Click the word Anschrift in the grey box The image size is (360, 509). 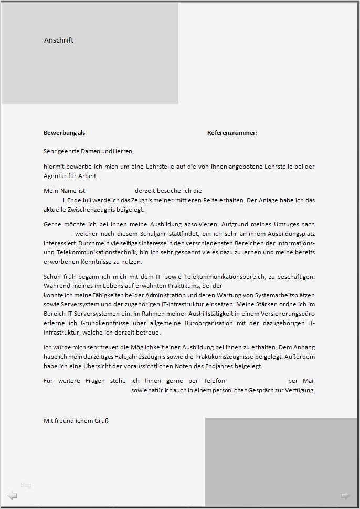59,40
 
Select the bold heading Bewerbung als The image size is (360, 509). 64,133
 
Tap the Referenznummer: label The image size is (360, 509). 232,133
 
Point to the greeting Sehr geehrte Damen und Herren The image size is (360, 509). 89,151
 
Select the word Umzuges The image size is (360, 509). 288,224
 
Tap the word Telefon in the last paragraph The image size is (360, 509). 213,381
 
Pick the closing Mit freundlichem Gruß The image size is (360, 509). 76,421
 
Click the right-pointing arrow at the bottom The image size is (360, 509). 345,495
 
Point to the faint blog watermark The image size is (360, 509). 26,485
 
